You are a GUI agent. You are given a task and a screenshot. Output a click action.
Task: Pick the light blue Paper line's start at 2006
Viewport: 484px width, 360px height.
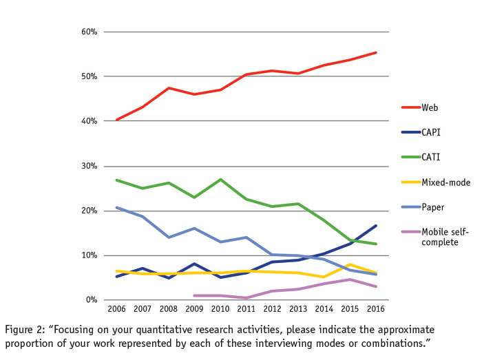116,207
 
